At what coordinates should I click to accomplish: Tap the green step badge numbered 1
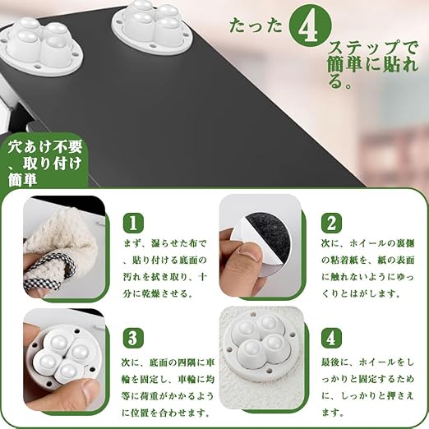[133, 223]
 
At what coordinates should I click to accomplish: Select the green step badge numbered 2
[332, 223]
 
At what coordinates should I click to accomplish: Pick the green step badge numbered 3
[133, 338]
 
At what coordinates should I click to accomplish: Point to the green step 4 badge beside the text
[331, 338]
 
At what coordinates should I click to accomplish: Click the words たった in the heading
[256, 26]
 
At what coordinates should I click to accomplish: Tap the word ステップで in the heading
[373, 49]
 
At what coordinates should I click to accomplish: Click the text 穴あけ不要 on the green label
[44, 147]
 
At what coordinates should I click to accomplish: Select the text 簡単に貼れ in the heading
[372, 66]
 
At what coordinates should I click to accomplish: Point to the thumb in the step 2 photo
[248, 254]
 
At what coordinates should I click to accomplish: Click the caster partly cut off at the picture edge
[41, 46]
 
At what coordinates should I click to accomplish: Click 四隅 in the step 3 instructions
[186, 363]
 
